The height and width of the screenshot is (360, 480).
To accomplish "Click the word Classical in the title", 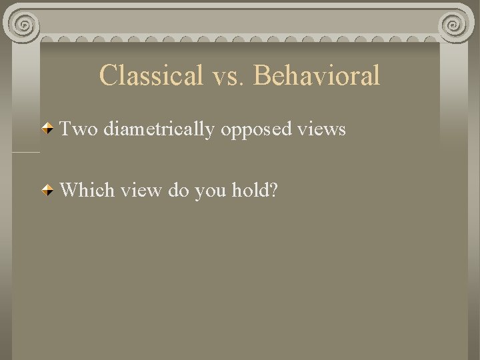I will pos(151,75).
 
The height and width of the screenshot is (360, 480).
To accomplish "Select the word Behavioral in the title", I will pos(317,75).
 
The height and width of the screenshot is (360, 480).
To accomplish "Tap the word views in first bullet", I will pos(323,129).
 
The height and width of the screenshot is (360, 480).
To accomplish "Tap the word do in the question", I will pos(179,191).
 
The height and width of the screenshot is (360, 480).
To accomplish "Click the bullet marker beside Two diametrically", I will pos(48,129).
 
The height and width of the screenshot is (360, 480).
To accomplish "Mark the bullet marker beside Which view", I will pos(48,191).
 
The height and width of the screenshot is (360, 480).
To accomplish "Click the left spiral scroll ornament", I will pos(25,25).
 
